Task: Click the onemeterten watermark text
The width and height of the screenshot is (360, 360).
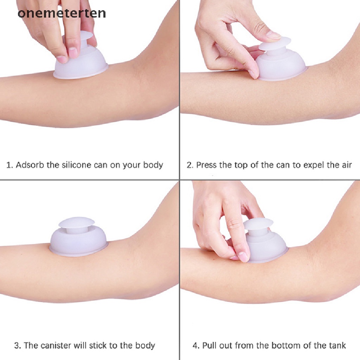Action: [x=62, y=13]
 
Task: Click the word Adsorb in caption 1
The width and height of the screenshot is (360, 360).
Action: [x=30, y=165]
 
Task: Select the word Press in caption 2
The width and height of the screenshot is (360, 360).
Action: [x=207, y=165]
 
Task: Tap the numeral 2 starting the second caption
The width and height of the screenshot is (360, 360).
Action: [x=189, y=165]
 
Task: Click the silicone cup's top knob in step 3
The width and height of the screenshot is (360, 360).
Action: [x=76, y=223]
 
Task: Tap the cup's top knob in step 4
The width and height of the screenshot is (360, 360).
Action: [x=258, y=224]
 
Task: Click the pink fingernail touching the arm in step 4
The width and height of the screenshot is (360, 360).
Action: [x=243, y=256]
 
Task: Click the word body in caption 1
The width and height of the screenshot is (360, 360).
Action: [x=153, y=165]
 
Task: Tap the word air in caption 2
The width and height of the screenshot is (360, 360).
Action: [x=346, y=165]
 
